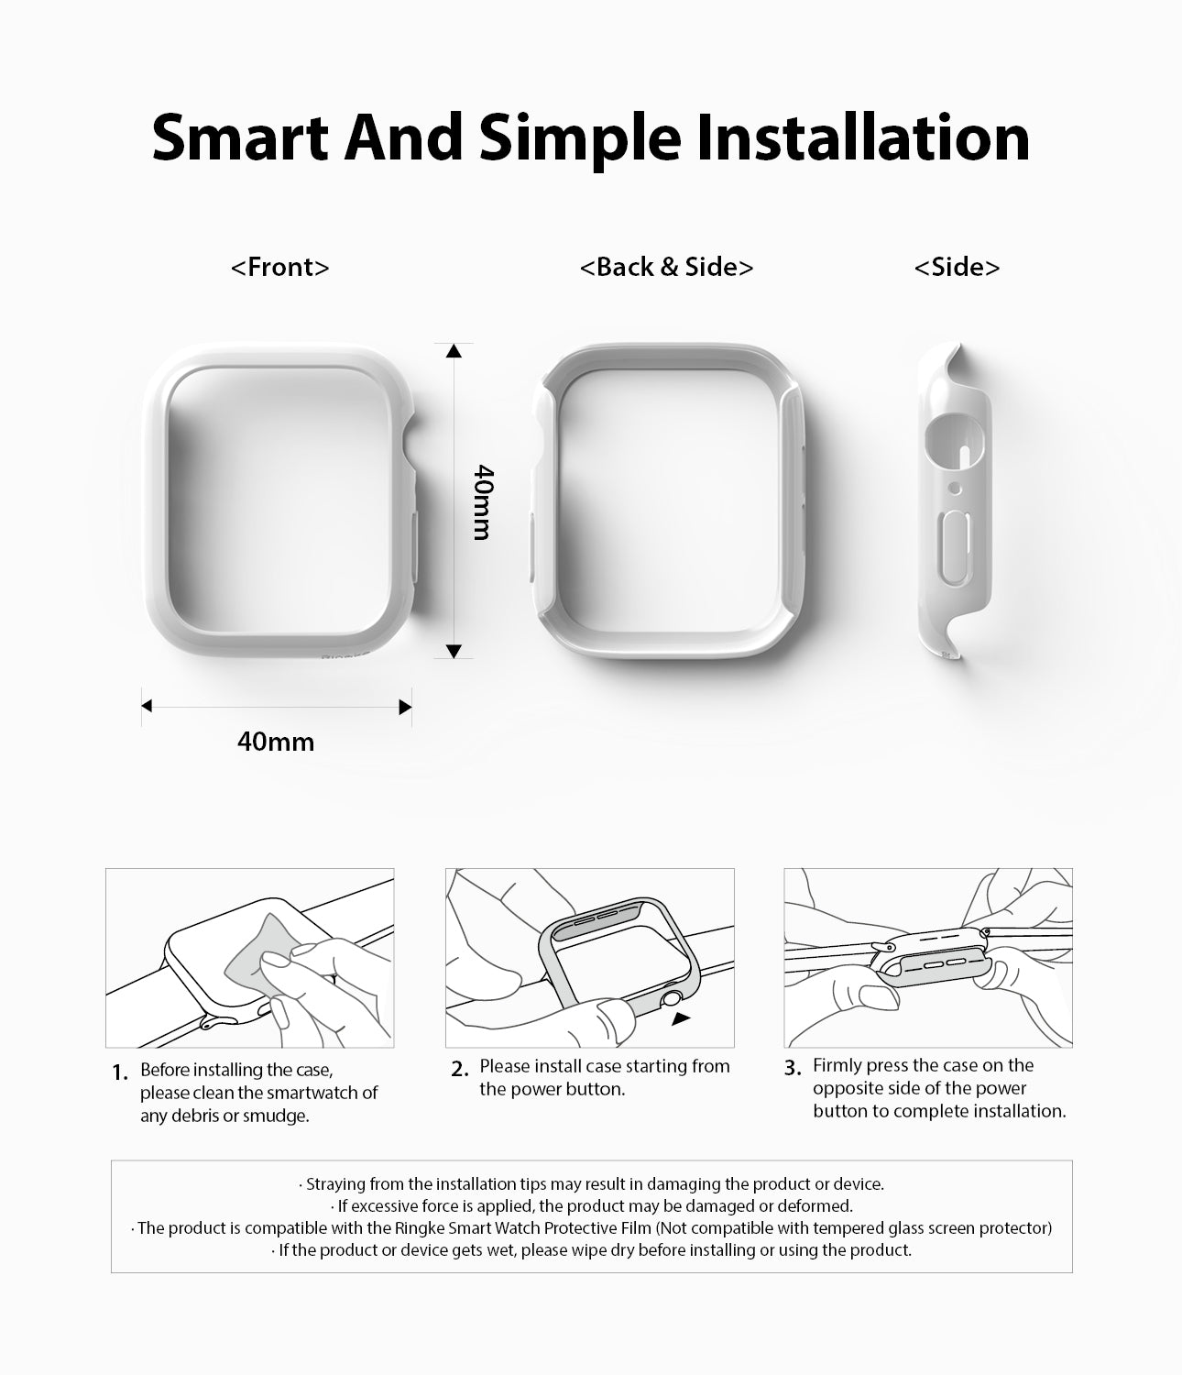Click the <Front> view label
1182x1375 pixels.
tap(279, 268)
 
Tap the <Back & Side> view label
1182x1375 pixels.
tap(666, 268)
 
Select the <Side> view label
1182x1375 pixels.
tap(957, 268)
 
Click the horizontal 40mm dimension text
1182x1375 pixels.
tap(276, 742)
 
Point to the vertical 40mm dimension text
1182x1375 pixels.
tap(483, 502)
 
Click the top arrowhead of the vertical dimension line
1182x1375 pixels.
tap(454, 350)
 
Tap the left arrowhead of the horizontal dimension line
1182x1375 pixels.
tap(147, 706)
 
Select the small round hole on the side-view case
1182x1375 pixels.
tap(956, 489)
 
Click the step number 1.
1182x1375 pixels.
tap(120, 1073)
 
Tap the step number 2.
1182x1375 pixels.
tap(459, 1069)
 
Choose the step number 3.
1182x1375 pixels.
tap(793, 1068)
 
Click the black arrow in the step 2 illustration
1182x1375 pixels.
tap(681, 1018)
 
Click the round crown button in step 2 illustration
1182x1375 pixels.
tap(673, 998)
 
